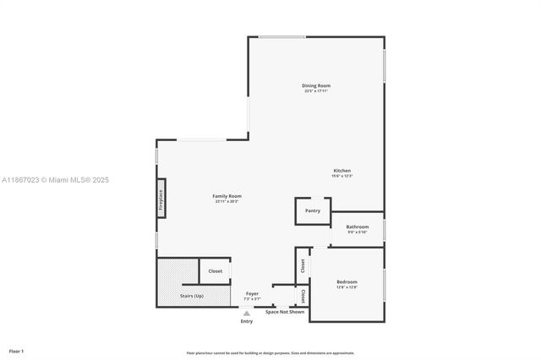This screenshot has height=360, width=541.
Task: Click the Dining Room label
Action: [316, 85]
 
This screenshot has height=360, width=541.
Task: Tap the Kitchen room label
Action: [342, 171]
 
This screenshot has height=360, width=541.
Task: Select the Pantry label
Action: [313, 210]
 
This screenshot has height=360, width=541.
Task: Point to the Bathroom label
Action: [357, 226]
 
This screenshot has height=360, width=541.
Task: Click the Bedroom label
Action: [347, 281]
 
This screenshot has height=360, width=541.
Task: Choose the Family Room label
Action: [227, 196]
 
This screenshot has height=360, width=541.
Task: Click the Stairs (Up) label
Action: [192, 296]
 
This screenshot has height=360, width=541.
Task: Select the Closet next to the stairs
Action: [216, 271]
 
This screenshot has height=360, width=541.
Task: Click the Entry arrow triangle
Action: [247, 314]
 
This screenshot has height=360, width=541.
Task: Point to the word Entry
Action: [247, 321]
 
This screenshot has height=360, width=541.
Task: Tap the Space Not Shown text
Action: [284, 312]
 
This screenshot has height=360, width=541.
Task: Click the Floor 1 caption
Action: [16, 351]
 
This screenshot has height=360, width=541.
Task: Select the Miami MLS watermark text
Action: [55, 180]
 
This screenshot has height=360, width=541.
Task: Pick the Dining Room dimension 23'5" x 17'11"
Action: [316, 90]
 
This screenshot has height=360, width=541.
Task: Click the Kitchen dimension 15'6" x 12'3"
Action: [342, 176]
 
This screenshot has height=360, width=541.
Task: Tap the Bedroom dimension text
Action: [347, 287]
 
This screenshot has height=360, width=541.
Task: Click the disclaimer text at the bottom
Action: [270, 353]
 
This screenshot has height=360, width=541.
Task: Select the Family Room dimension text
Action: [227, 201]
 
